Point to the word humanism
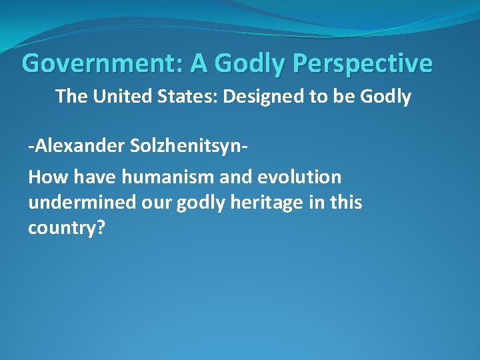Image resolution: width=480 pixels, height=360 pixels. pos(156,177)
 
